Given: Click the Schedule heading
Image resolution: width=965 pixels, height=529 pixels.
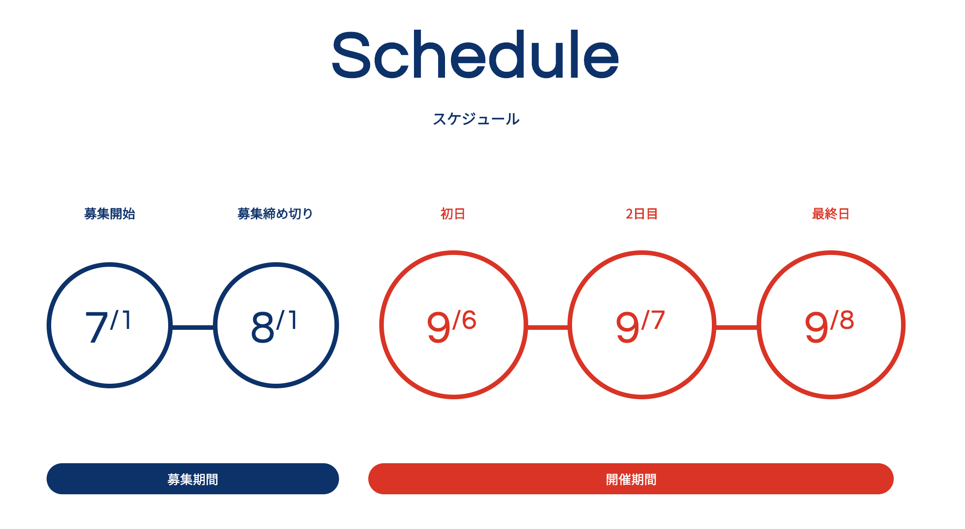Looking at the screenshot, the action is pyautogui.click(x=475, y=55).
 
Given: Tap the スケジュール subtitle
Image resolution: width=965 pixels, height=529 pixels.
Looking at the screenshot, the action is pyautogui.click(x=476, y=119).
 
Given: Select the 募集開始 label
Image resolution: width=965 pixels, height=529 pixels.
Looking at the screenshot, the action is pyautogui.click(x=110, y=213).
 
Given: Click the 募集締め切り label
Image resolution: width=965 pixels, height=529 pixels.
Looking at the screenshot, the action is pyautogui.click(x=275, y=213).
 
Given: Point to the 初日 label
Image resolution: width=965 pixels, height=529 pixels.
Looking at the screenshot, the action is pyautogui.click(x=453, y=213).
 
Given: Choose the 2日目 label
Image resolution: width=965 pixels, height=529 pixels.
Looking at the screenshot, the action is pyautogui.click(x=642, y=213).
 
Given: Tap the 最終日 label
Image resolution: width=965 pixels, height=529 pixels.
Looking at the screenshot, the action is pyautogui.click(x=831, y=213).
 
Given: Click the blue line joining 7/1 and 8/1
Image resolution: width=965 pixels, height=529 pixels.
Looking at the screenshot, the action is pyautogui.click(x=193, y=327).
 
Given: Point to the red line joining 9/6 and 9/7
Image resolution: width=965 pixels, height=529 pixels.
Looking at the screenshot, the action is pyautogui.click(x=548, y=327).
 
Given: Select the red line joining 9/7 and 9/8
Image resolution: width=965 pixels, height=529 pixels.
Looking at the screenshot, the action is pyautogui.click(x=737, y=327).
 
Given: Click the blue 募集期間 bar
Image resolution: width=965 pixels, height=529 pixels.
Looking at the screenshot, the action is pyautogui.click(x=193, y=479).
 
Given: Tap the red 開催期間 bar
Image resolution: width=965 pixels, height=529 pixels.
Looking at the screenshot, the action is pyautogui.click(x=631, y=479).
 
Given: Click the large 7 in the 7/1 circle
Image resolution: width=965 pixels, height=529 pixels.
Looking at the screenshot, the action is pyautogui.click(x=96, y=327).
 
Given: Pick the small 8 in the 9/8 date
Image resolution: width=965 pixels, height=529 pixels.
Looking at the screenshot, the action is pyautogui.click(x=847, y=320).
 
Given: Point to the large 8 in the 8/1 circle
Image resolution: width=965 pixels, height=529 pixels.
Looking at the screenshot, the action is pyautogui.click(x=263, y=327).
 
